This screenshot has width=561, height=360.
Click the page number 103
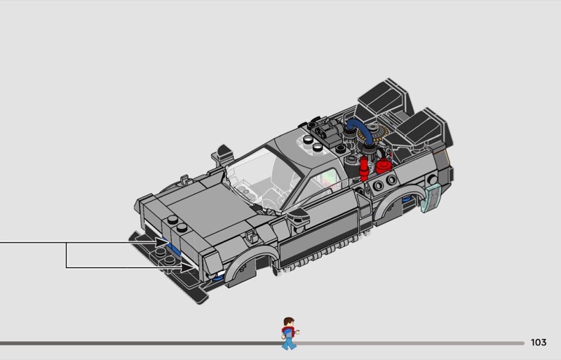539,342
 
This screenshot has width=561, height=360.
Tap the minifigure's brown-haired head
288,322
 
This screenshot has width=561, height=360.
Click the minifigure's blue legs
289,342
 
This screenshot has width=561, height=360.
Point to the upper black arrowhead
161,243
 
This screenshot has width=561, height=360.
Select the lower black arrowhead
187,267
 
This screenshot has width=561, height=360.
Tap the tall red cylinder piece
364,169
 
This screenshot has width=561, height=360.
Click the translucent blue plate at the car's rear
431,198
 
